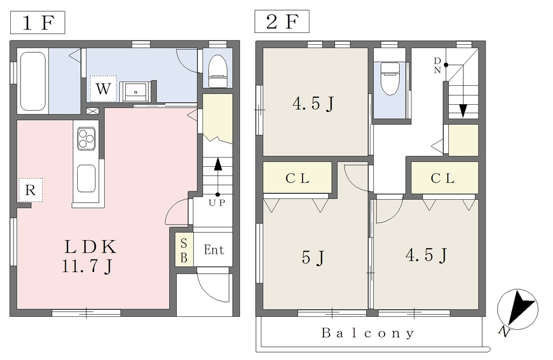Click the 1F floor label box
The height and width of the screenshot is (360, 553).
(x=38, y=23)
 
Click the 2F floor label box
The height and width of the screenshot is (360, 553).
(x=282, y=22)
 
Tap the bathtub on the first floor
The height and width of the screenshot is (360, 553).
(x=32, y=81)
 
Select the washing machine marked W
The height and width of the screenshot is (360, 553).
(x=103, y=89)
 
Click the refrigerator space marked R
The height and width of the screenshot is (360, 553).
(x=30, y=190)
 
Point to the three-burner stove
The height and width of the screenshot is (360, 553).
(x=86, y=139)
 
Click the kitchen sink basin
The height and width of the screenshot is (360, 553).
(x=86, y=178)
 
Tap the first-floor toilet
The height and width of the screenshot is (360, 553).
(x=217, y=71)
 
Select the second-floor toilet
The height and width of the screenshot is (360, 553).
(x=390, y=78)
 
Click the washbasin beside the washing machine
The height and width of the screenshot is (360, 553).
(x=136, y=92)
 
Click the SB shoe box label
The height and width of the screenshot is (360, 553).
(x=184, y=250)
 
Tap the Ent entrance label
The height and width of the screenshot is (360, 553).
(x=214, y=250)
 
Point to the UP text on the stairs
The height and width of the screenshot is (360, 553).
(x=217, y=203)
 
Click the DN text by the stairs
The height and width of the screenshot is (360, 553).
(x=437, y=66)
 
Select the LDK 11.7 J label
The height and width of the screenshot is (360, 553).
(x=90, y=256)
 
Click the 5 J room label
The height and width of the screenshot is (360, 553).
(x=313, y=257)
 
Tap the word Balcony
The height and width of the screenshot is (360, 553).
(x=368, y=333)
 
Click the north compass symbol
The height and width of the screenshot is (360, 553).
(x=517, y=310)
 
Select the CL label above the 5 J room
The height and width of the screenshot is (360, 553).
(x=298, y=179)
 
